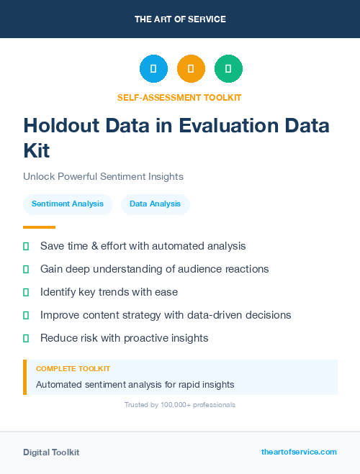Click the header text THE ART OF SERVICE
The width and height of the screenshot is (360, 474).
[x=180, y=19]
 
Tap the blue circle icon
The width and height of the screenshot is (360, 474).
[x=153, y=68]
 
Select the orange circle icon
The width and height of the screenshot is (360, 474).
[x=191, y=68]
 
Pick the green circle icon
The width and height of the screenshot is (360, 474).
[x=228, y=68]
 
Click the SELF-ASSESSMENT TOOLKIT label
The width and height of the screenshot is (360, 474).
[x=180, y=97]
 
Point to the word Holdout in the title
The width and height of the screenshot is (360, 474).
[x=62, y=126]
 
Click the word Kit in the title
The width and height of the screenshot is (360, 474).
[x=37, y=150]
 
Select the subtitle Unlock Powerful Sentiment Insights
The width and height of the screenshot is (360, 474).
[x=103, y=176]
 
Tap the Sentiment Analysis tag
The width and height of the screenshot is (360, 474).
[x=68, y=204]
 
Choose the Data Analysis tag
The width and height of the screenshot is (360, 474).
[x=156, y=204]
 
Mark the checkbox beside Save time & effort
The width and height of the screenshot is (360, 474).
[x=26, y=246]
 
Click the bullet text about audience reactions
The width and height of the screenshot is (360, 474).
[x=154, y=269]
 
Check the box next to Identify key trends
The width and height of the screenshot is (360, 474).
[x=26, y=292]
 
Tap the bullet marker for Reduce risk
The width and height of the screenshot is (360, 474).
[x=26, y=338]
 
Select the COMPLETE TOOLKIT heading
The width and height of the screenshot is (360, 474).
[x=73, y=368]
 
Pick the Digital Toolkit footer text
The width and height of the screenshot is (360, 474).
[x=51, y=452]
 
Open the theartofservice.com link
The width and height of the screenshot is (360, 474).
[x=299, y=452]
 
